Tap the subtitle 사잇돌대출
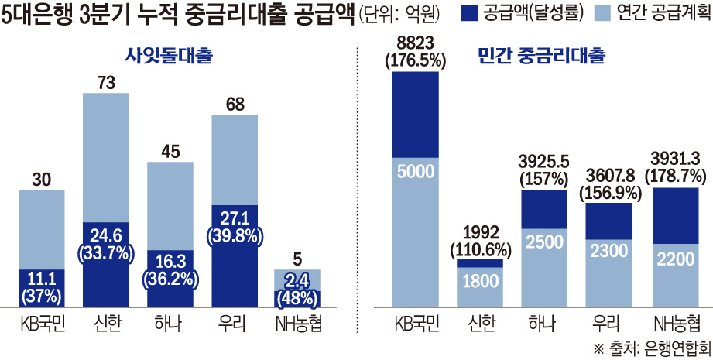point(169,56)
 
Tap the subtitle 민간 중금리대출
point(541,56)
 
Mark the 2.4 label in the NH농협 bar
point(298,280)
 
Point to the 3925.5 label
point(544,161)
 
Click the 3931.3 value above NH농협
point(674,158)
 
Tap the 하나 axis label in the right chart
point(544,323)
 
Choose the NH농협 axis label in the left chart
point(298,323)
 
